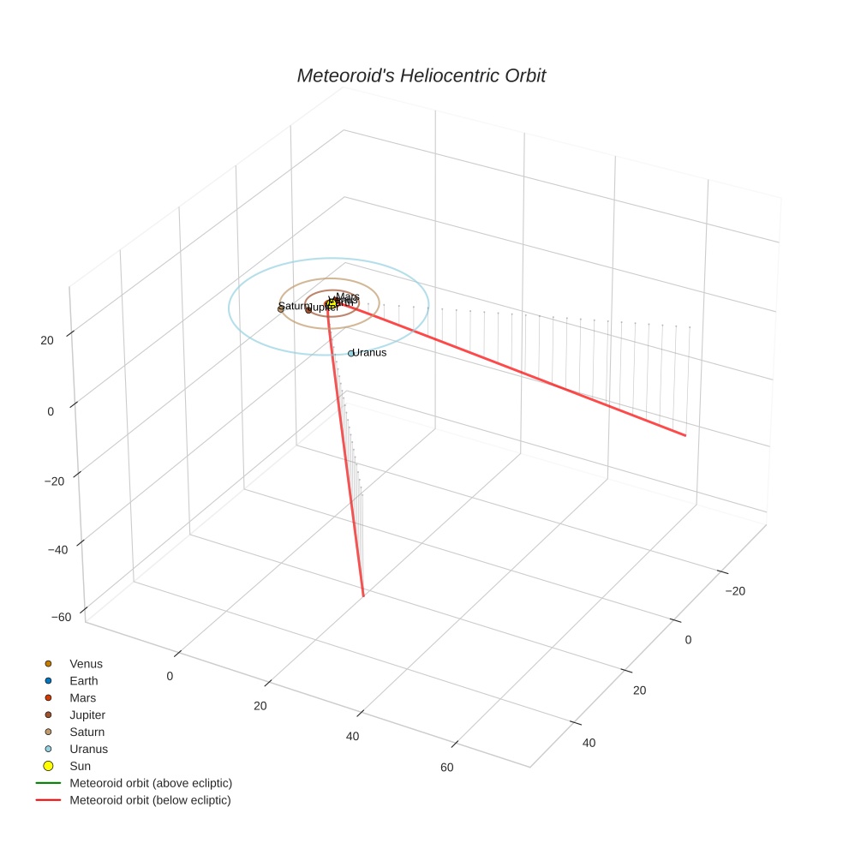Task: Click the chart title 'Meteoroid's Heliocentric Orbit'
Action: (421, 75)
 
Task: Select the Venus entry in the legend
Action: (86, 664)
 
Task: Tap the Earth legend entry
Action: (84, 681)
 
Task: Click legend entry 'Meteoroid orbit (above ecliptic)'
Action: (151, 783)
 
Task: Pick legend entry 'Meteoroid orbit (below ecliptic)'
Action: (150, 800)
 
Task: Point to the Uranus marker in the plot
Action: (351, 353)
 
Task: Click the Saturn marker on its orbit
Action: (281, 308)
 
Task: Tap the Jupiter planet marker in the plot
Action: (308, 309)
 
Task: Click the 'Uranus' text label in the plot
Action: (370, 352)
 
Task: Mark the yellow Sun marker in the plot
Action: (332, 304)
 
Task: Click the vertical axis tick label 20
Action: (46, 340)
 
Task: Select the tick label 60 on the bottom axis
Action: (447, 767)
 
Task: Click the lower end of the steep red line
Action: (363, 595)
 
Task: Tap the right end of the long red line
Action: (685, 435)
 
